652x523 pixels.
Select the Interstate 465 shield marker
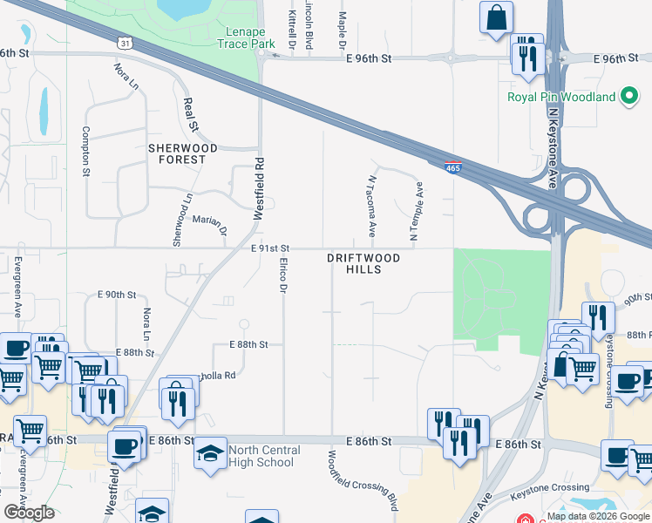452,166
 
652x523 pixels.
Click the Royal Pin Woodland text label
562,98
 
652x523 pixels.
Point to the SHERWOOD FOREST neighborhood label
177,153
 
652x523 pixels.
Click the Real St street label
190,115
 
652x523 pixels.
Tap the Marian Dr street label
209,225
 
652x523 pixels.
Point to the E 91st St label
270,248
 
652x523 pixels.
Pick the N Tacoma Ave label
371,206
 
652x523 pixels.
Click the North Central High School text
264,456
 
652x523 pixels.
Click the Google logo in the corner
29,513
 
